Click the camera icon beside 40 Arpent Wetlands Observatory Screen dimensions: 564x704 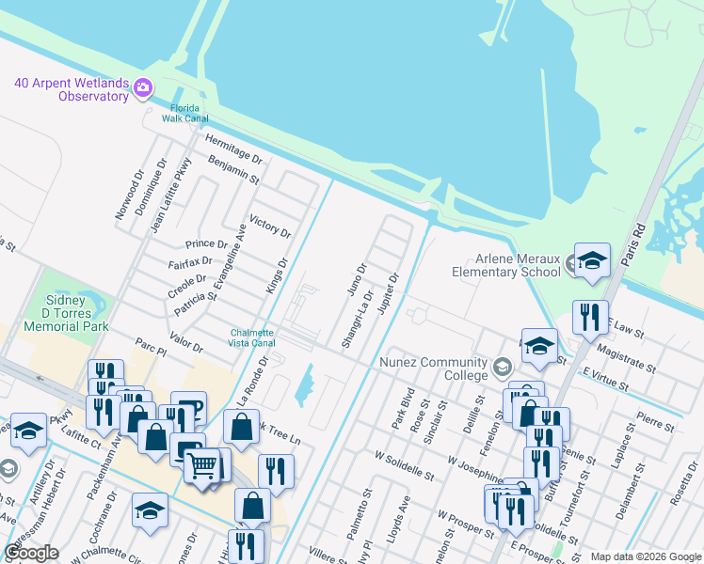tap(143, 88)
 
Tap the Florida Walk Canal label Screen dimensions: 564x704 tap(185, 113)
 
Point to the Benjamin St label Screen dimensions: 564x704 tap(233, 170)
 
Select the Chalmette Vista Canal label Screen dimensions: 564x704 tap(252, 338)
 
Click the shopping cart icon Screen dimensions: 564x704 tap(201, 464)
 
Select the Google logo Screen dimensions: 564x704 tap(31, 553)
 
